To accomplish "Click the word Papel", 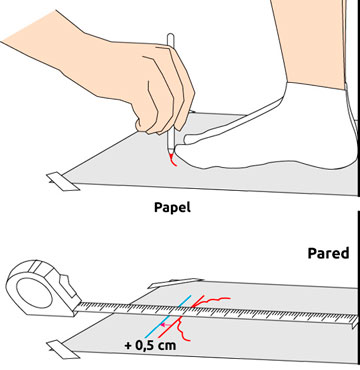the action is pyautogui.click(x=172, y=208).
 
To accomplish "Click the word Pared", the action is pyautogui.click(x=328, y=253).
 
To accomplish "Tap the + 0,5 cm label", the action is pyautogui.click(x=150, y=345).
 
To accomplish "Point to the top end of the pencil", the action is pyautogui.click(x=170, y=34).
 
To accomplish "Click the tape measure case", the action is pyautogui.click(x=42, y=288).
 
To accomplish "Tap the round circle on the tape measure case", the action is pyautogui.click(x=33, y=292).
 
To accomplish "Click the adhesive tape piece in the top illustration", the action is pyautogui.click(x=63, y=182).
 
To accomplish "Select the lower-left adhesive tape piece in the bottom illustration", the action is pyautogui.click(x=63, y=349).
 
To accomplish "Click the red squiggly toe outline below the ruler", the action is pyautogui.click(x=182, y=329).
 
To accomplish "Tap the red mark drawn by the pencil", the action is pyautogui.click(x=173, y=161).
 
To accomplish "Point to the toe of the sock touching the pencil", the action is pyautogui.click(x=180, y=146).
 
